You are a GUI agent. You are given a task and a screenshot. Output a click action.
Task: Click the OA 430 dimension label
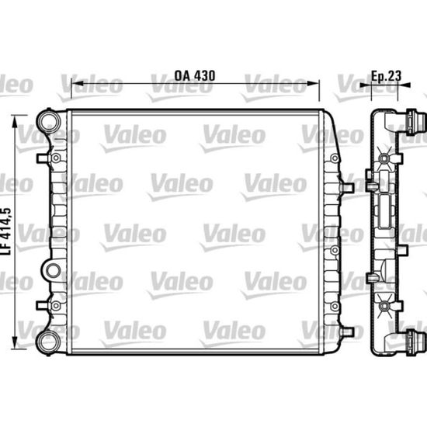(x=194, y=76)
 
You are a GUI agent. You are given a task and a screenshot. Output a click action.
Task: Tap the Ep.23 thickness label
(x=387, y=76)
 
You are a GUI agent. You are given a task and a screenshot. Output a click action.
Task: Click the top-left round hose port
(x=50, y=122)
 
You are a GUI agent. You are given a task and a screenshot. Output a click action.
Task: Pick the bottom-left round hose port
(x=49, y=342)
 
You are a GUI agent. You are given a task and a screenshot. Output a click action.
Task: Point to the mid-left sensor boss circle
(x=53, y=271)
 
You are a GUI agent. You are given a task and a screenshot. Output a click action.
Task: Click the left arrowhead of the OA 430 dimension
(x=77, y=83)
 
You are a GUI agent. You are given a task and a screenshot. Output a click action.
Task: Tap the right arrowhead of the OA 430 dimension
(x=313, y=83)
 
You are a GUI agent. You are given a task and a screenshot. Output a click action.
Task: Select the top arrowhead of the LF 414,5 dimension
(x=15, y=121)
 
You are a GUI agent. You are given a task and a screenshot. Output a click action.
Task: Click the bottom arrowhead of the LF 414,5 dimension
(x=15, y=342)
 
